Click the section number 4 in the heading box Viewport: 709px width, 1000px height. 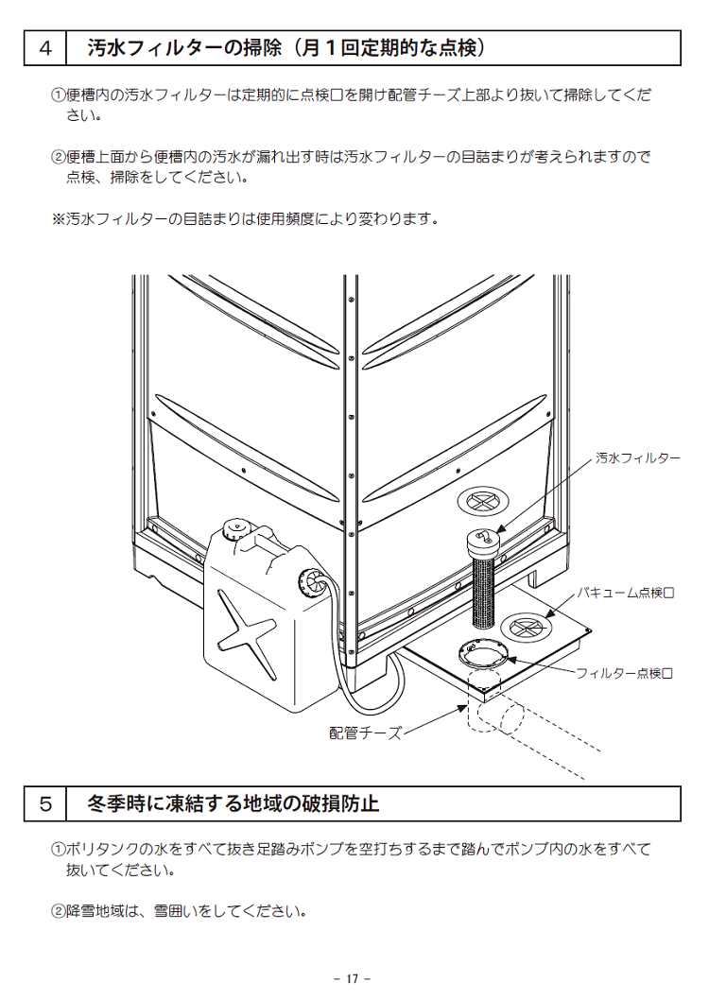45,48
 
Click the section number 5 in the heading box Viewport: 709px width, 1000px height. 45,804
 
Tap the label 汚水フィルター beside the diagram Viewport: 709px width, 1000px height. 637,457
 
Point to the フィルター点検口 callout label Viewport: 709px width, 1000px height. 624,673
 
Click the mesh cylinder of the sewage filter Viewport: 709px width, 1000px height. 483,592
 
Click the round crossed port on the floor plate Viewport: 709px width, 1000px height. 525,626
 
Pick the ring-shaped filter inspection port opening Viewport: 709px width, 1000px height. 484,653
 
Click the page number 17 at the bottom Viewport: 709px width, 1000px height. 354,978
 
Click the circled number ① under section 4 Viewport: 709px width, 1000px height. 57,96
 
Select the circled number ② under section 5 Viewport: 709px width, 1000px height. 57,911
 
